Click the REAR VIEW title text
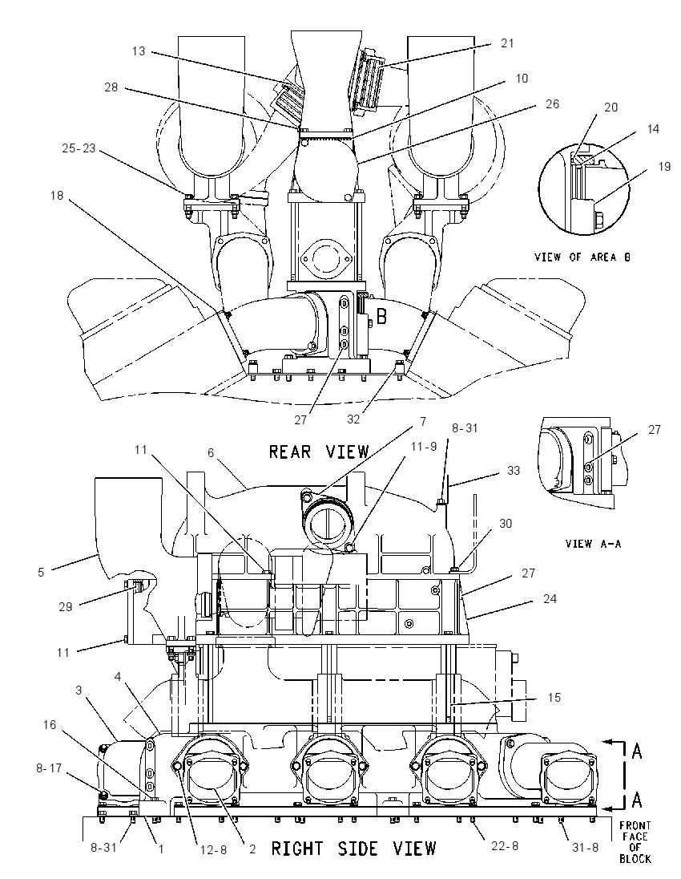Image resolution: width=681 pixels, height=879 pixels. pos(319,452)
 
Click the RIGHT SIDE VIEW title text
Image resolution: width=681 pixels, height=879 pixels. pos(353,849)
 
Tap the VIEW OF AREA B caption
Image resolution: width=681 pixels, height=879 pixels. pos(582,257)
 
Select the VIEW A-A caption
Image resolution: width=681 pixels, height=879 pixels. pos(593,543)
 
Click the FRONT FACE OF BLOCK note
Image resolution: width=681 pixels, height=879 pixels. pos(635,842)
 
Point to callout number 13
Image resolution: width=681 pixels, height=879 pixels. pos(139,51)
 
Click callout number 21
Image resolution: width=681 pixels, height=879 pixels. pos(507,43)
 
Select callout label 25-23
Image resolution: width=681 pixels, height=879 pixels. pos(79,148)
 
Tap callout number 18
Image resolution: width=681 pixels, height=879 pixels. pos(57,196)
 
